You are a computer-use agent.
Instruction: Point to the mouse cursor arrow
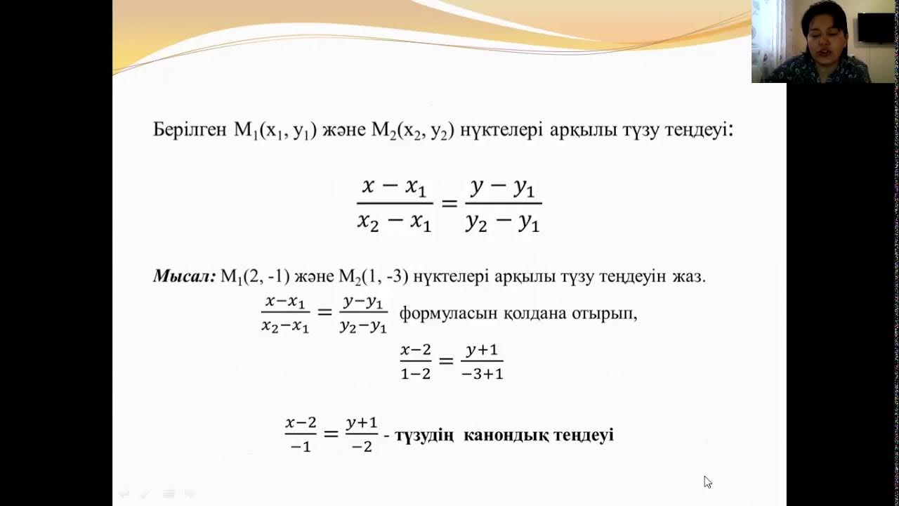pos(707,481)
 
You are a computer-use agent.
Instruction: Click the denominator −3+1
pos(482,374)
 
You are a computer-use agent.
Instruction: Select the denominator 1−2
pos(416,374)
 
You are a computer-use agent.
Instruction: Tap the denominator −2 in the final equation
pos(361,446)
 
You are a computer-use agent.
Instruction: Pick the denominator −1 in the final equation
pos(300,446)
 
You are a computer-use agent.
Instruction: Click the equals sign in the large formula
pos(449,204)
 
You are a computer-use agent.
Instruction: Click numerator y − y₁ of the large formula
pos(503,188)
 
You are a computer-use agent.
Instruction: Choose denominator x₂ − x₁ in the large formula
pos(394,221)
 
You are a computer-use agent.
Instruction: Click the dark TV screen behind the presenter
pos(875,28)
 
